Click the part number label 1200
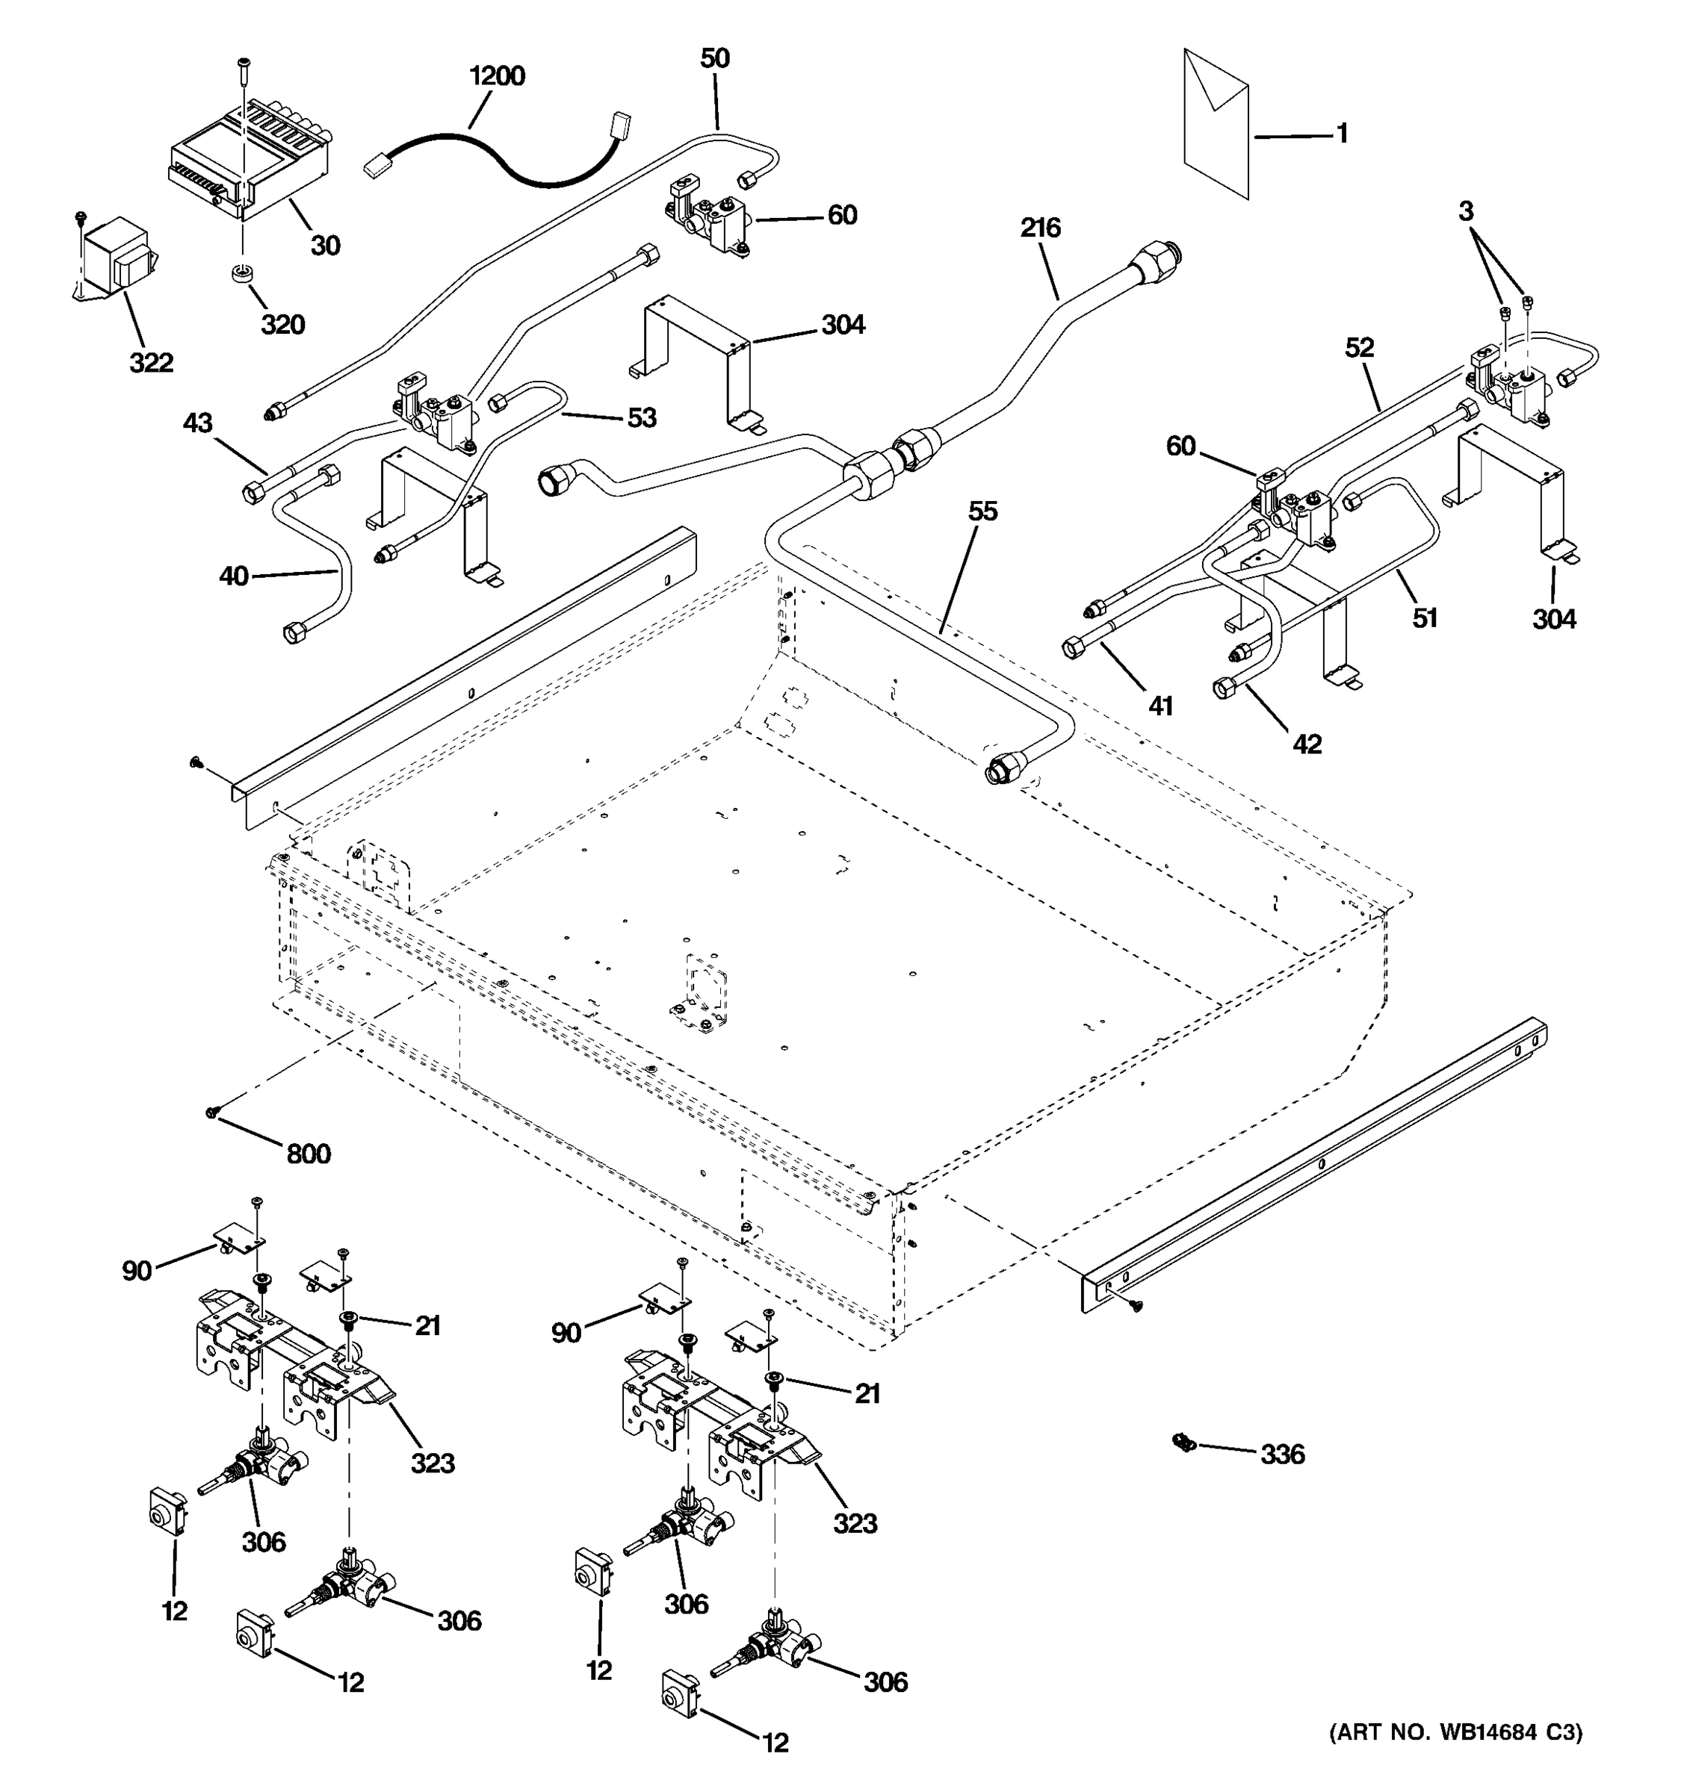(497, 75)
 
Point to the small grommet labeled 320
(241, 273)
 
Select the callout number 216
(1040, 228)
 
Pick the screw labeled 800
(214, 1114)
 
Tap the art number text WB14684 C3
(1455, 1732)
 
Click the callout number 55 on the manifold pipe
(982, 512)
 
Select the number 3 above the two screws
(1466, 212)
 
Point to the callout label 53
(641, 418)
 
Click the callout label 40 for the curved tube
(234, 576)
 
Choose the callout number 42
(1307, 744)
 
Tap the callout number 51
(1424, 618)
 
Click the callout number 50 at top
(714, 58)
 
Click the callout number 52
(1359, 348)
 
